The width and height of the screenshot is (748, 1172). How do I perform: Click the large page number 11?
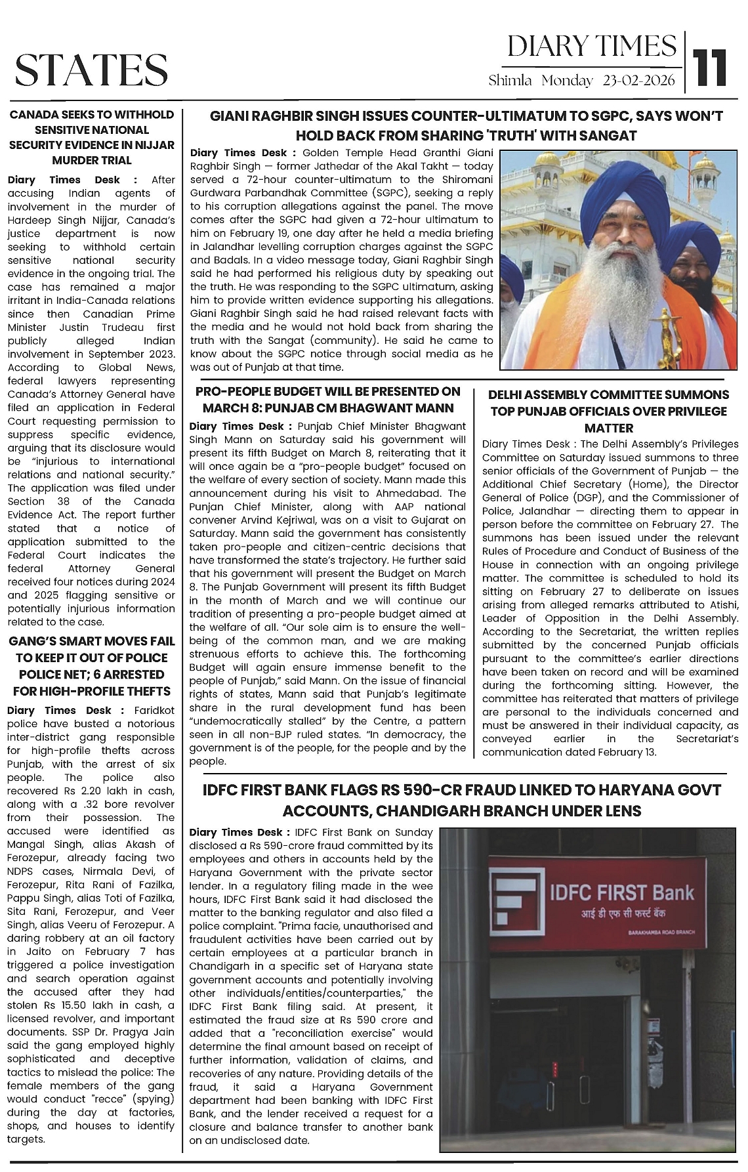711,68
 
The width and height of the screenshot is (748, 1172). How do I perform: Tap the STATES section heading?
91,70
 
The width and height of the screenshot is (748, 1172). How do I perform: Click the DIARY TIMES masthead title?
592,47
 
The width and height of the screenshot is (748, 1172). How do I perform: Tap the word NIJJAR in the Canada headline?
157,145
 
